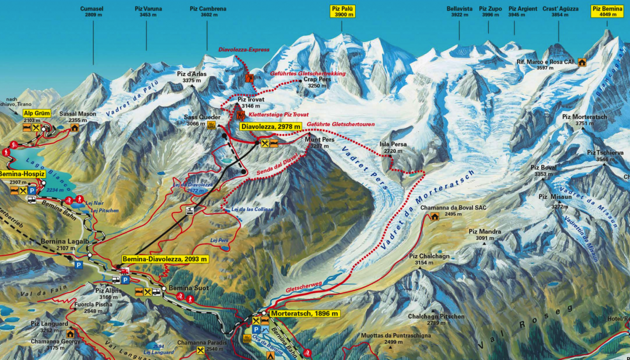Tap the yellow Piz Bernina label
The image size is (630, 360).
(607, 12)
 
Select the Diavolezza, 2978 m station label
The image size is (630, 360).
(271, 127)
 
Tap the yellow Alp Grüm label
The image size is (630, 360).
(37, 113)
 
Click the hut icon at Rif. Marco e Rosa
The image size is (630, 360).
(582, 62)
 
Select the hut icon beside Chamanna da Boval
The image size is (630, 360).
(435, 216)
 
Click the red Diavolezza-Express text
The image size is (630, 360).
(244, 50)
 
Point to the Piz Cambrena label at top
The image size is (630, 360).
(208, 9)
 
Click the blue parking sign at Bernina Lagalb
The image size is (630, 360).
(79, 264)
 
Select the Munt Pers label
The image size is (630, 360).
(319, 140)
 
